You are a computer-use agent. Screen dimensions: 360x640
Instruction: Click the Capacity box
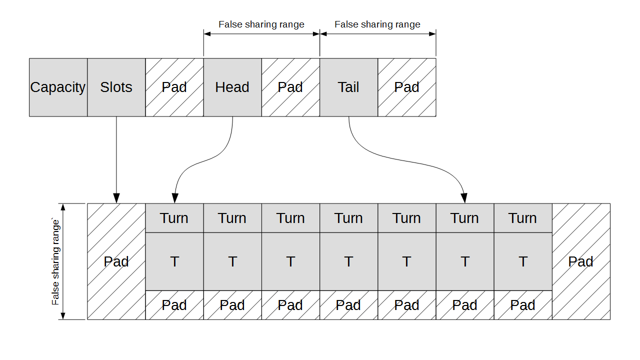58,87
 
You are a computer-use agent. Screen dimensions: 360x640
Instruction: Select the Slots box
116,87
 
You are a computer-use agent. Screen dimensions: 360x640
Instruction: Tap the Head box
232,87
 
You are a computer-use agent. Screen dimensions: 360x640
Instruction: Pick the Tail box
348,87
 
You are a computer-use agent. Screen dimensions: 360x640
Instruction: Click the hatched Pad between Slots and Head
174,87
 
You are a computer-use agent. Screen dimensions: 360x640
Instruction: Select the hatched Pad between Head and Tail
290,87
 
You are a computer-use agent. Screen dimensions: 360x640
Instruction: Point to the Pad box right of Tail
406,87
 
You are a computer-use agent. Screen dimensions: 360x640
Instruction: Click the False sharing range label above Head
261,24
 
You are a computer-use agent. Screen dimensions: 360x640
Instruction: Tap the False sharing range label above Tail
377,24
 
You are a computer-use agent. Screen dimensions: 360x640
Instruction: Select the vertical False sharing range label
55,261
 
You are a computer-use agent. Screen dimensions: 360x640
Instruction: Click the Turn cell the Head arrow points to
174,218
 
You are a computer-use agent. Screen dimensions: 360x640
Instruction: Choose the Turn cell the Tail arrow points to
464,218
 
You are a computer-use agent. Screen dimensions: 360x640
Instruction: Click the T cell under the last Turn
522,261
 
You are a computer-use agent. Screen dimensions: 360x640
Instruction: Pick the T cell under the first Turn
174,261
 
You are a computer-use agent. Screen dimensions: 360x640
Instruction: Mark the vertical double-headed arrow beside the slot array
63,261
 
